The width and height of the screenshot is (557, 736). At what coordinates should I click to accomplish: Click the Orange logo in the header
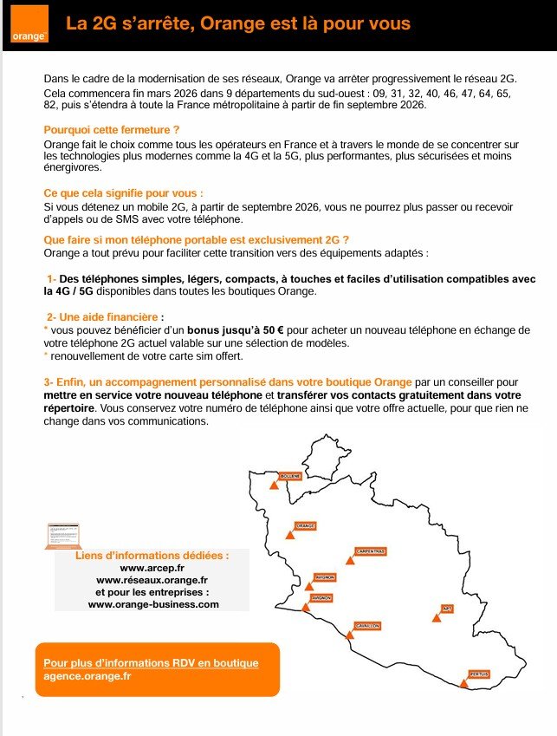pyautogui.click(x=29, y=26)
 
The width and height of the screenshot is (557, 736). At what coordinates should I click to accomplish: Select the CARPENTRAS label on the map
pyautogui.click(x=370, y=550)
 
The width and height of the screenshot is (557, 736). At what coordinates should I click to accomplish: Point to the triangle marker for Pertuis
pyautogui.click(x=465, y=684)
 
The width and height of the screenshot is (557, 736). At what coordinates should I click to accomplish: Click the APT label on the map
pyautogui.click(x=448, y=608)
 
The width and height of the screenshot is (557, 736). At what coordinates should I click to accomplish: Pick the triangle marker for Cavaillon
pyautogui.click(x=349, y=635)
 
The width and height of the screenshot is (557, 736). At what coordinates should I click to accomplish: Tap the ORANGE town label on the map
pyautogui.click(x=305, y=525)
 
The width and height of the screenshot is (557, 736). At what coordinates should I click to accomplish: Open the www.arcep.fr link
pyautogui.click(x=152, y=567)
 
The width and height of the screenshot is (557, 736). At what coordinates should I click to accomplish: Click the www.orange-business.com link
pyautogui.click(x=152, y=604)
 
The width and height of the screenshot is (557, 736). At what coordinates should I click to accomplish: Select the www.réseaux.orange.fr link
pyautogui.click(x=152, y=579)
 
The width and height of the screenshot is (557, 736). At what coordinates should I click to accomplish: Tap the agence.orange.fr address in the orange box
pyautogui.click(x=87, y=676)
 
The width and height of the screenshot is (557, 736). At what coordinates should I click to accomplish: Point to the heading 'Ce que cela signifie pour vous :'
pyautogui.click(x=123, y=192)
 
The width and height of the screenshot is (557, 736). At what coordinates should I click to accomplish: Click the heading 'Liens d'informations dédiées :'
pyautogui.click(x=152, y=554)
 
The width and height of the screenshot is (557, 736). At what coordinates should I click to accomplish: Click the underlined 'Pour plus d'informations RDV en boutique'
pyautogui.click(x=151, y=663)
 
